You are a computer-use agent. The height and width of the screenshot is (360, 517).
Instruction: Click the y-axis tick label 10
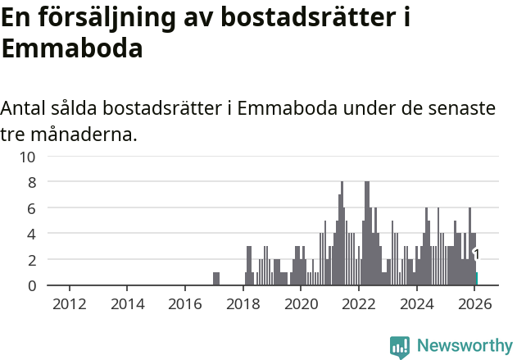(28, 157)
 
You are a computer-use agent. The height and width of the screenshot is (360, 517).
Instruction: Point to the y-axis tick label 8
(32, 182)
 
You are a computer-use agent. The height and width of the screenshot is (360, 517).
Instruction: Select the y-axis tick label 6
(32, 208)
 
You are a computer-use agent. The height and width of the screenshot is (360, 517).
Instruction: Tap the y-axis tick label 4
(32, 234)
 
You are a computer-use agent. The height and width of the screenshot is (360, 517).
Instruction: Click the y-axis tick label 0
(32, 285)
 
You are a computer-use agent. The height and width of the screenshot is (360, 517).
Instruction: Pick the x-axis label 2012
(70, 303)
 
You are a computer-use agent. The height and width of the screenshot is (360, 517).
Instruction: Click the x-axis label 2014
(127, 303)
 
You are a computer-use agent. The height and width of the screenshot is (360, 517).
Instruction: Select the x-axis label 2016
(185, 303)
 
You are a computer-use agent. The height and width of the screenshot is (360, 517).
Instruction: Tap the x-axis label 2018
(243, 303)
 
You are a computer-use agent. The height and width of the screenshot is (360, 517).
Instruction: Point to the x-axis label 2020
(301, 303)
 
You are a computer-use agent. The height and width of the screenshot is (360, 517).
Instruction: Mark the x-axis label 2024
(416, 303)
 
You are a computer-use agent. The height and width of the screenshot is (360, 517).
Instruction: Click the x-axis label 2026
(474, 303)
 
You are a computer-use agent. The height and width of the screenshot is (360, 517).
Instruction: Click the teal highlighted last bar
(477, 279)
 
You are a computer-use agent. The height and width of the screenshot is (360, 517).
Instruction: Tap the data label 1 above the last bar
(476, 255)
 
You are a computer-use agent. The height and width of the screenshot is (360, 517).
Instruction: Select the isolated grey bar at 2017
(216, 279)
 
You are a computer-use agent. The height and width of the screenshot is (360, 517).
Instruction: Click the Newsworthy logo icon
(400, 347)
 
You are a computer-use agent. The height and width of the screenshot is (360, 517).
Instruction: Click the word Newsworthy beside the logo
(464, 347)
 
